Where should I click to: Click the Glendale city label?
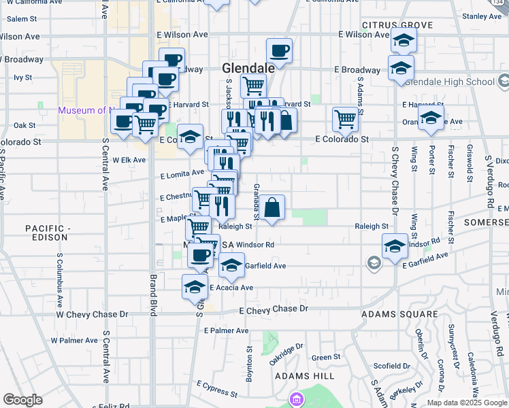(248, 68)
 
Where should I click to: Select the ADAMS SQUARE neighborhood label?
(399, 314)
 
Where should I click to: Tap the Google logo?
(22, 400)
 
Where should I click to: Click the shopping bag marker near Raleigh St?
(272, 208)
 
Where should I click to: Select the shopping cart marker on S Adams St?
(345, 119)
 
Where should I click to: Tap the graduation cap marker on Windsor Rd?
(395, 246)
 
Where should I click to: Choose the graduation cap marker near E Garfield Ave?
(231, 265)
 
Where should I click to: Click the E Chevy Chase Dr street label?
(275, 309)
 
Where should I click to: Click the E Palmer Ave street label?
(227, 330)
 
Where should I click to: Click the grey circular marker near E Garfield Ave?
(374, 262)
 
